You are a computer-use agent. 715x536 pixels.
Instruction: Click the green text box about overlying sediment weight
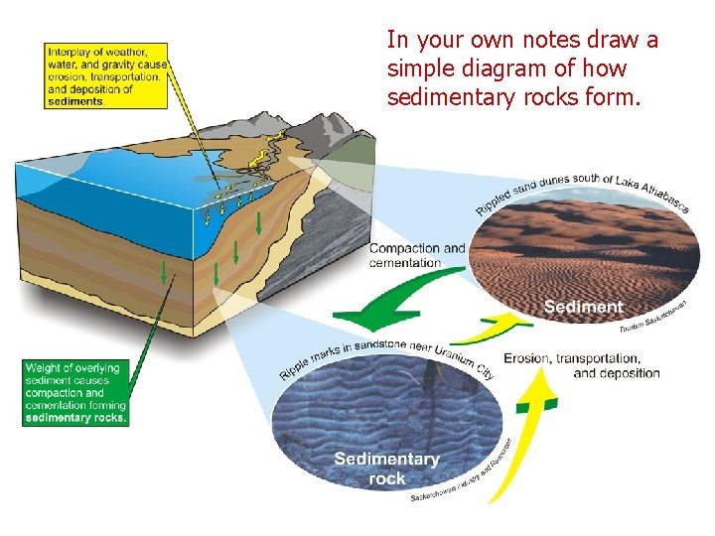75,393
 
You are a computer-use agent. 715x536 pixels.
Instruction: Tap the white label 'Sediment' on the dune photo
584,307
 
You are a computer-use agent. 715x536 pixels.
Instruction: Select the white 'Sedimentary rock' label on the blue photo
386,469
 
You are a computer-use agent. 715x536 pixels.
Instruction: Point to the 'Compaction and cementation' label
417,255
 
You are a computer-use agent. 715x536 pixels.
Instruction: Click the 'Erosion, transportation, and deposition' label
582,365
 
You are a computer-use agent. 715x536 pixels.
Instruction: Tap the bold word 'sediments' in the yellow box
75,101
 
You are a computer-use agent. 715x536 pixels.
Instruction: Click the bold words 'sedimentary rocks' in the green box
75,418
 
